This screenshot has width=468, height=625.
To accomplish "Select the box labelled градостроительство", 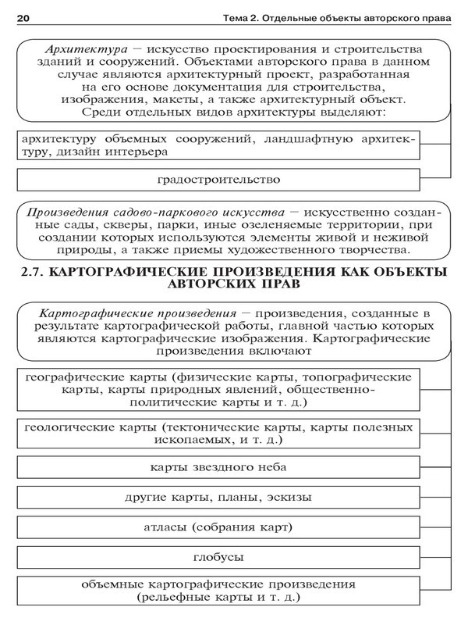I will click(218, 180).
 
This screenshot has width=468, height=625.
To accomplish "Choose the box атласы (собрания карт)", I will click(218, 527).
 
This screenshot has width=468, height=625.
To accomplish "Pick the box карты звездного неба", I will click(218, 467).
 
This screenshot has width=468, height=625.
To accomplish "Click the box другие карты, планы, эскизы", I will click(218, 497).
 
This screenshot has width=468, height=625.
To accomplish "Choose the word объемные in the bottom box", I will click(108, 584).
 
